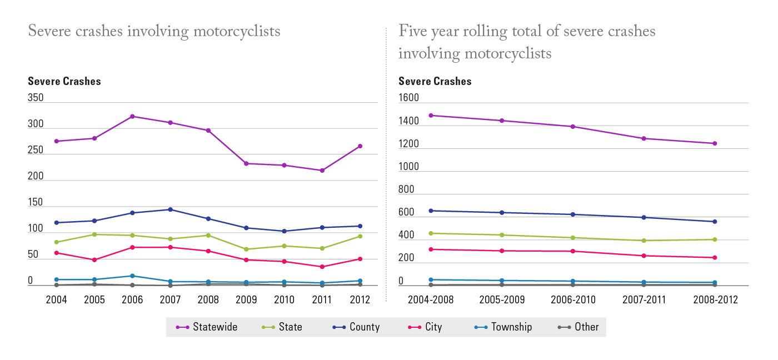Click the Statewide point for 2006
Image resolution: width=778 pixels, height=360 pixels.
click(x=132, y=116)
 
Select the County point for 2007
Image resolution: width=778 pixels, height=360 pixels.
click(x=170, y=209)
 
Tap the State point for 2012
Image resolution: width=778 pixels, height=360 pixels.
click(x=360, y=236)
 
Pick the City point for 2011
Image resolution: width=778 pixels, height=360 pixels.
click(x=322, y=267)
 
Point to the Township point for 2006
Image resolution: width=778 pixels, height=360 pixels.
click(x=132, y=276)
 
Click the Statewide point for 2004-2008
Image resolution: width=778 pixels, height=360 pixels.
click(x=431, y=116)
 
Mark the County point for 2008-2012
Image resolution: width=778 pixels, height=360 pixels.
click(x=715, y=222)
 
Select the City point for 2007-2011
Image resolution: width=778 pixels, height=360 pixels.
click(x=644, y=256)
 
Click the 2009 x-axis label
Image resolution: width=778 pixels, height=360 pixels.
click(x=246, y=300)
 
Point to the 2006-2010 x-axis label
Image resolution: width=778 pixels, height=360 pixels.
click(x=572, y=300)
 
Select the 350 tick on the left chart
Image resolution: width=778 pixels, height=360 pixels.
click(x=36, y=98)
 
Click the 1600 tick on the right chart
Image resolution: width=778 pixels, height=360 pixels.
click(x=408, y=98)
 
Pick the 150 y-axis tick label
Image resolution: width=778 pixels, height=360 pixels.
click(x=36, y=202)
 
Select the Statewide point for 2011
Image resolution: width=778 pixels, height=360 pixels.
click(x=322, y=171)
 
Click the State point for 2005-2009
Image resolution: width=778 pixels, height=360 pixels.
click(x=502, y=235)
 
